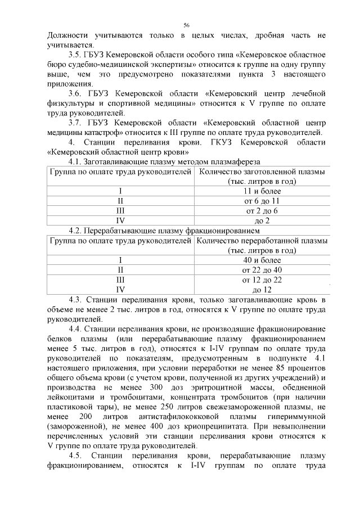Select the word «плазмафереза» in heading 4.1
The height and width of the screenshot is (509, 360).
pos(223,161)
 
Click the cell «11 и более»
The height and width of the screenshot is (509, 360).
pos(262,191)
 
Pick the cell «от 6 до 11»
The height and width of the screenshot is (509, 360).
pos(262,201)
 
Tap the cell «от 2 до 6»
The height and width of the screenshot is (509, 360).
pos(262,210)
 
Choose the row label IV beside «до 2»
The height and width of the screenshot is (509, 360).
pos(120,220)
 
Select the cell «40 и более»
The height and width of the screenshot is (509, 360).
pos(262,260)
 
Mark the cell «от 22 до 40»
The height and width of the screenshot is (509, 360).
pos(262,270)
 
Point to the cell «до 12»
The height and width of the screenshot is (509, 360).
pos(262,289)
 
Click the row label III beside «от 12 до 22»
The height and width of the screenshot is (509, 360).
pos(120,280)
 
